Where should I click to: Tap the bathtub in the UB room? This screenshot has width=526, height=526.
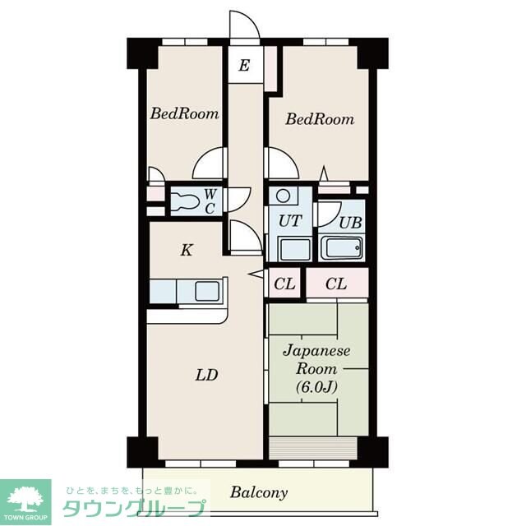tap(342, 247)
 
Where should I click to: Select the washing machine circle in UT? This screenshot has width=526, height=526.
tap(284, 195)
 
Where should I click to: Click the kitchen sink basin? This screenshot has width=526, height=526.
tap(208, 291)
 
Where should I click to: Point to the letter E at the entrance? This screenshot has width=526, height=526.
tap(244, 65)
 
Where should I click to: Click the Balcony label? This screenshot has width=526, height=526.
tap(259, 492)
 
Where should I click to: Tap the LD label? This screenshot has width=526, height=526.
tap(206, 375)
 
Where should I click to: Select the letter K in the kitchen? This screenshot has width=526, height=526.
tap(187, 250)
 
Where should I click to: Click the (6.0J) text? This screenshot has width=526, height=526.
tap(316, 387)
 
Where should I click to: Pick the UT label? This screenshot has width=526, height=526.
tap(290, 221)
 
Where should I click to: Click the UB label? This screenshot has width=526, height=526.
tap(350, 223)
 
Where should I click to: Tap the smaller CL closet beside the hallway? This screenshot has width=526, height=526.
tap(284, 284)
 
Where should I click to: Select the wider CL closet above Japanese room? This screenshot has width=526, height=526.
tap(337, 284)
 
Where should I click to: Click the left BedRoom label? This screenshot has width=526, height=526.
tap(184, 113)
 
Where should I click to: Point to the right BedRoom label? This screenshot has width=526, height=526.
tap(320, 119)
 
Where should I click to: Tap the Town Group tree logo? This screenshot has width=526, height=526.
tap(25, 499)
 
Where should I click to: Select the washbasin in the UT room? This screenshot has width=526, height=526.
tap(294, 249)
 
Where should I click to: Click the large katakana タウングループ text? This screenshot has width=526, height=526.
tap(134, 509)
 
